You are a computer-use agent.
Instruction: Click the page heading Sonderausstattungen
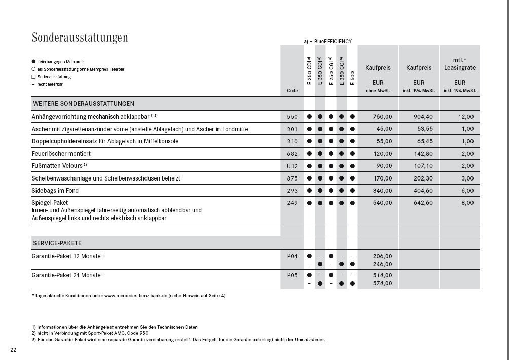point(80,38)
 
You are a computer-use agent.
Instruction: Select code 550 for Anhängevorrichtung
point(292,117)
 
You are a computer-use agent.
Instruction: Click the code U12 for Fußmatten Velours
point(292,166)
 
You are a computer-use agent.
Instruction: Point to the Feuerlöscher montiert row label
point(61,154)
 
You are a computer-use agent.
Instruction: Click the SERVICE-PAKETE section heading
point(57,243)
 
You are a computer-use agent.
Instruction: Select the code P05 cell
point(292,275)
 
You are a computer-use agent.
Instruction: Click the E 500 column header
point(352,77)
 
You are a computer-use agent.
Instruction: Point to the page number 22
point(13,350)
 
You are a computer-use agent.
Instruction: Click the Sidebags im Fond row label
point(55,191)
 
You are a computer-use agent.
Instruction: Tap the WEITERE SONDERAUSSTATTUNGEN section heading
point(84,103)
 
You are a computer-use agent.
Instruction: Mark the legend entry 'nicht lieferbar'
point(48,84)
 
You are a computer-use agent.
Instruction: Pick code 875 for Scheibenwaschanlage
point(292,178)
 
